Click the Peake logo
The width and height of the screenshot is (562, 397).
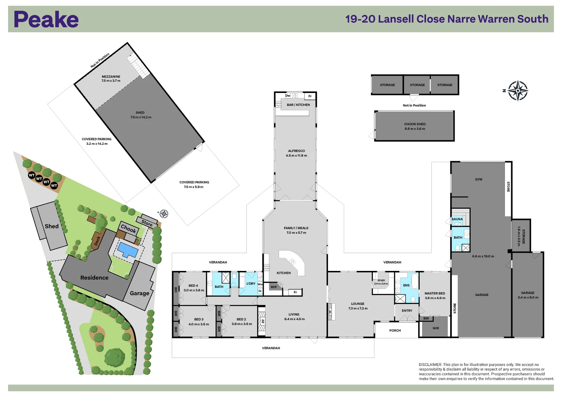click(46, 19)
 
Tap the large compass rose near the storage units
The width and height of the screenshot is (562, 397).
click(518, 90)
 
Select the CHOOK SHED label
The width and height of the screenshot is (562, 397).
click(415, 124)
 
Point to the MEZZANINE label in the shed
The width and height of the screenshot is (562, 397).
click(111, 77)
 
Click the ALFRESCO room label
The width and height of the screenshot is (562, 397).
click(296, 151)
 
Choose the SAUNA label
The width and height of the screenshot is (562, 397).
click(457, 219)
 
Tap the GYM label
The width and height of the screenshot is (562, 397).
click(478, 179)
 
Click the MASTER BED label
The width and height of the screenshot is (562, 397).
click(435, 293)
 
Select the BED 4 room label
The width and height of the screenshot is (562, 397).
click(193, 286)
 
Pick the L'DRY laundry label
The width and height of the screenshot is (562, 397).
click(251, 284)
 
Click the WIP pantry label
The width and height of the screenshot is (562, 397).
click(273, 287)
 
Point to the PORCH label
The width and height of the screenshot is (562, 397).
click(395, 330)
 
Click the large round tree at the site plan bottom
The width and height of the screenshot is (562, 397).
click(115, 356)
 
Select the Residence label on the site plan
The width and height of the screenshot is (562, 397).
click(94, 278)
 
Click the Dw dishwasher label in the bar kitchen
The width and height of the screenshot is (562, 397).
click(288, 96)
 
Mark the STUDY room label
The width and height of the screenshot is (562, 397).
click(381, 280)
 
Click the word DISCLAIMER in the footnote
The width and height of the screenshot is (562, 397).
click(430, 365)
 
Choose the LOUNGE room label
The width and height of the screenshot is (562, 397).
click(357, 304)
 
